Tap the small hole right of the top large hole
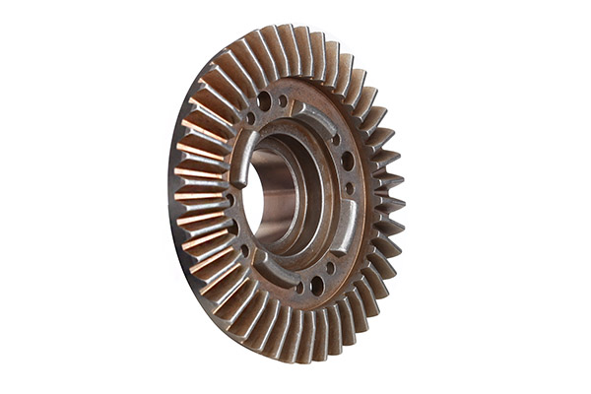tap(283, 100)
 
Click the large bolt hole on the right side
tap(347, 161)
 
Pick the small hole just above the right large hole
tap(336, 139)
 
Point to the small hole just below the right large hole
tap(350, 188)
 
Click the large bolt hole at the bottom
tap(317, 286)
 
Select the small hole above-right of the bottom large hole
tap(330, 267)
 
